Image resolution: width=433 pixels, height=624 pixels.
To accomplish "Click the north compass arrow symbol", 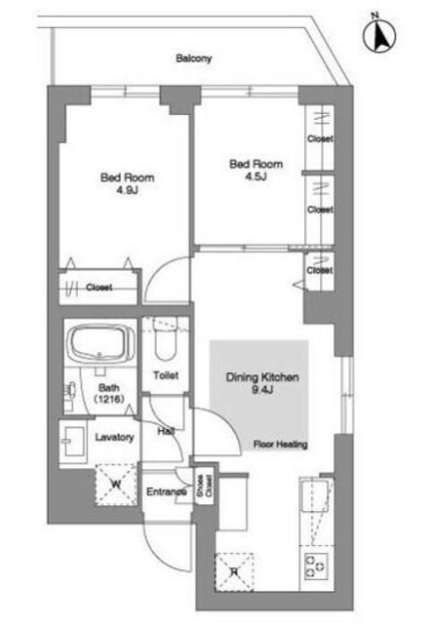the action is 379,36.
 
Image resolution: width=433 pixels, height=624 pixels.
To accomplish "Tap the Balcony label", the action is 194,58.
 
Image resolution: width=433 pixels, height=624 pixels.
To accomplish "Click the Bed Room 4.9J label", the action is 128,183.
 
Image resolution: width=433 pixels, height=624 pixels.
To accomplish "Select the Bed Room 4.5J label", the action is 256,170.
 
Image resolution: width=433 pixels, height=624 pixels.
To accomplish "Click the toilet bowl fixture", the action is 166,339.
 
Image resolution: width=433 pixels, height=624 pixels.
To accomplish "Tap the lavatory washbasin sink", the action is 73,441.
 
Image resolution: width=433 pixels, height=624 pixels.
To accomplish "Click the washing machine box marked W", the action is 116,485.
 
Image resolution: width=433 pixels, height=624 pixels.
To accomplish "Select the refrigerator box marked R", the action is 234,572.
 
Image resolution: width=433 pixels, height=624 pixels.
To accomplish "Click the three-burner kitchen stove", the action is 316,565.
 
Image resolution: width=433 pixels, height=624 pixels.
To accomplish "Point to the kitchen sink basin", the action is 314,495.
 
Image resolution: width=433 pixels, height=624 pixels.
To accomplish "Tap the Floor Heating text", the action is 281,445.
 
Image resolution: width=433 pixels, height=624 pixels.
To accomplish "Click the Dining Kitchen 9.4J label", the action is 262,383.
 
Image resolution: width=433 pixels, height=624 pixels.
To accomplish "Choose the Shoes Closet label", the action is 205,486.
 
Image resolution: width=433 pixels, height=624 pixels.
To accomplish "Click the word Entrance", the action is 167,491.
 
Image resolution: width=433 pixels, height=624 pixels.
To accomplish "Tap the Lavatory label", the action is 114,437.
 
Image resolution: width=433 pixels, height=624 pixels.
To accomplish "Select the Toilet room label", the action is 166,374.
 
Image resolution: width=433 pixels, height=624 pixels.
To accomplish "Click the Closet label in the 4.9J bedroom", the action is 99,288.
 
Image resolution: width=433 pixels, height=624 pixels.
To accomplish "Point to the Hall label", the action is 166,431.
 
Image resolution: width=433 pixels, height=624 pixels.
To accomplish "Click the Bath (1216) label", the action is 108,393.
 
